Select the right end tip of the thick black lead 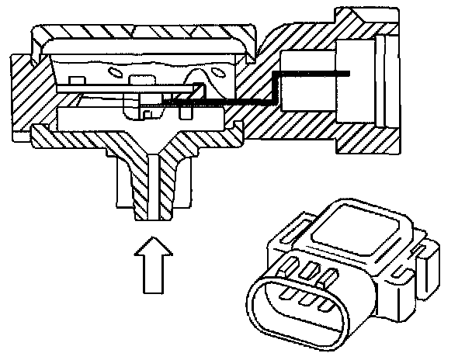(x=346, y=74)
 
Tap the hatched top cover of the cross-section (x=140, y=34)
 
